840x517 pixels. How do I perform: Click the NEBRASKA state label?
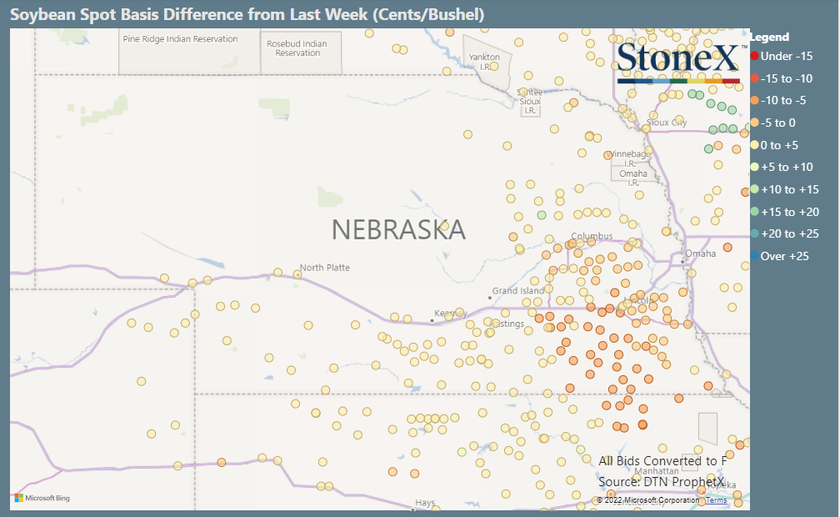point(398,229)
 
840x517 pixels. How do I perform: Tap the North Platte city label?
point(325,268)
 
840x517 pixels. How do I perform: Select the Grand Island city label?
point(517,291)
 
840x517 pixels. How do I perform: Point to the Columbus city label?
point(592,236)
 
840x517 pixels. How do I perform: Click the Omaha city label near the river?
point(700,253)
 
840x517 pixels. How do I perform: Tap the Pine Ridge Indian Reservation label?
point(180,39)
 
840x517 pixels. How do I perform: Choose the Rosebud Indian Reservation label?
point(297,48)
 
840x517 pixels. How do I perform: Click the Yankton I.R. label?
point(484,62)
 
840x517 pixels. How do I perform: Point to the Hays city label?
point(425,503)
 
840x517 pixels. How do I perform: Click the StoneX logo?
point(677,61)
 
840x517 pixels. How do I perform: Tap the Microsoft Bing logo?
point(42,499)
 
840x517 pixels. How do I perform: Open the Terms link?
point(717,500)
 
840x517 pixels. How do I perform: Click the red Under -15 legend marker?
point(754,56)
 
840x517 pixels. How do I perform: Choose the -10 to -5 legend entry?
point(783,100)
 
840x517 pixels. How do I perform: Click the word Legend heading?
point(769,37)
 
